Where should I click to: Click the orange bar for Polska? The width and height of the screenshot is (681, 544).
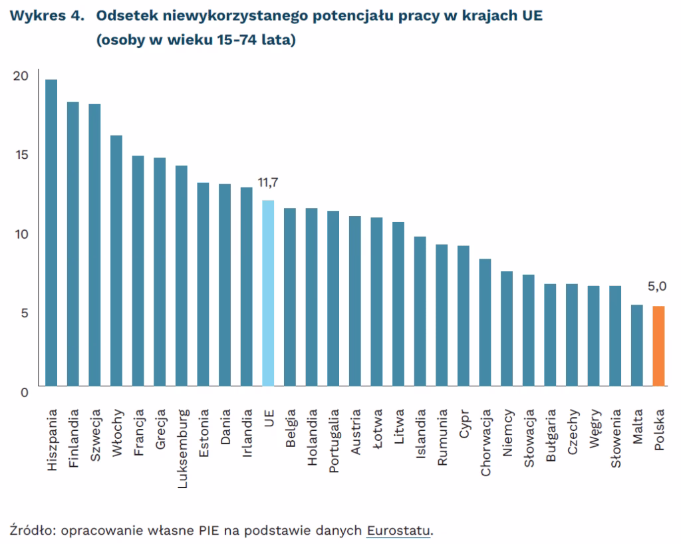tap(658, 346)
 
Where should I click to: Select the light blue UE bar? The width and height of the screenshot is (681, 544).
tap(268, 293)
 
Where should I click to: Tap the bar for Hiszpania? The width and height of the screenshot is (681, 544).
tap(51, 233)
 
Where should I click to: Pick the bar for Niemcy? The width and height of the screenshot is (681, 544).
tap(507, 329)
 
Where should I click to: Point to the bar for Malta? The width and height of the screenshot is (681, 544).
tap(636, 345)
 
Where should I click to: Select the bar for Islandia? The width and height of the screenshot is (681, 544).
tap(420, 311)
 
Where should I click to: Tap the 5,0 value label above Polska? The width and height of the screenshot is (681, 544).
tap(657, 287)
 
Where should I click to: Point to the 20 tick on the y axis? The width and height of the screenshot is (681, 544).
tap(21, 76)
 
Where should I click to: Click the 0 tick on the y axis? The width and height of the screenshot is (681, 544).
tap(25, 392)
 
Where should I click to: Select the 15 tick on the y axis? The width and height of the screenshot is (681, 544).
tap(21, 155)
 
